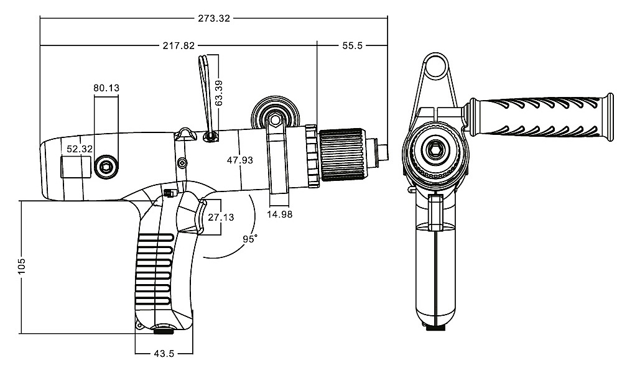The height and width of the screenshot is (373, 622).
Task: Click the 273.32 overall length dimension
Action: click(x=214, y=18)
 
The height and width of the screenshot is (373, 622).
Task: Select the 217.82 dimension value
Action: click(x=179, y=45)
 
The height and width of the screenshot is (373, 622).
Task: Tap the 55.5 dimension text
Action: click(x=352, y=45)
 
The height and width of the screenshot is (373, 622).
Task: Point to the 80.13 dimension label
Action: click(x=106, y=88)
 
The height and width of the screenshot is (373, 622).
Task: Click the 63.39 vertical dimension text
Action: click(x=218, y=93)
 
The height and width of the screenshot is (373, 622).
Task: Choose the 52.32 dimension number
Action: click(x=80, y=149)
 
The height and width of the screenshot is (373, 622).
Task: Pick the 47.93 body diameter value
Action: click(x=239, y=160)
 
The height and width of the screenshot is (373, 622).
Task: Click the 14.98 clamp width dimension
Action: click(x=280, y=214)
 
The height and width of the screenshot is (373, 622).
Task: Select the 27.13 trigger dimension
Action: click(x=221, y=217)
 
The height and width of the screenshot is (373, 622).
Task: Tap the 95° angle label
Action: click(x=250, y=239)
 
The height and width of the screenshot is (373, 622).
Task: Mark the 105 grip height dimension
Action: click(x=22, y=266)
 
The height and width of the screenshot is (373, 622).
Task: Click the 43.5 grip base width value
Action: click(x=164, y=354)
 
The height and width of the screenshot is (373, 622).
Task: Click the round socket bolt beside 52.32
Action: click(x=106, y=167)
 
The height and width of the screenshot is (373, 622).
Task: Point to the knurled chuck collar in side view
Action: click(x=343, y=154)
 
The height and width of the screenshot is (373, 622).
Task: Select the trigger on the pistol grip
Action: click(x=200, y=216)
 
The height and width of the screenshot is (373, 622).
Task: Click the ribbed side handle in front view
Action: click(x=541, y=117)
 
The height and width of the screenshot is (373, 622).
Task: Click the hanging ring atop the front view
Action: click(x=435, y=65)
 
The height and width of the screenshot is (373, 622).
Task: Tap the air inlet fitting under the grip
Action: click(x=164, y=329)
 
